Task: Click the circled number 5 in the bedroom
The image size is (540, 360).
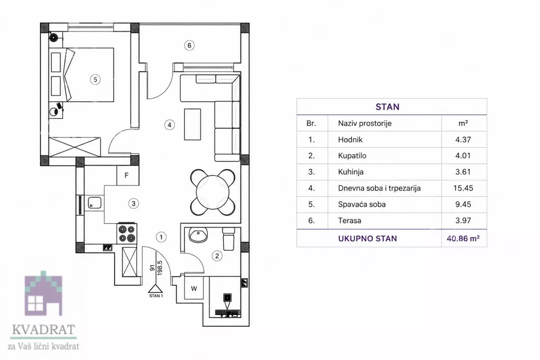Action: [95, 80]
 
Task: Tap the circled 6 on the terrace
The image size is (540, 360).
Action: [189, 45]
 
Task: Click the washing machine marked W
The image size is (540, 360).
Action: [194, 288]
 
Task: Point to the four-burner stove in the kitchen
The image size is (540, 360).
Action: [127, 234]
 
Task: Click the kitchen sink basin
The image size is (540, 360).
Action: [94, 202]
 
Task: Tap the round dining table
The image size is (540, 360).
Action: [212, 192]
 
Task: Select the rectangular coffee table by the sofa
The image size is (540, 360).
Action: [193, 124]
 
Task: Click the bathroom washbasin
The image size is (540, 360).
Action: [198, 235]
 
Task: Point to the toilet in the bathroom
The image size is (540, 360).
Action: [229, 239]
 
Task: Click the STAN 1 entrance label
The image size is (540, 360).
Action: [156, 296]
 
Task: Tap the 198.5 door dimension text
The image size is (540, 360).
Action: [160, 268]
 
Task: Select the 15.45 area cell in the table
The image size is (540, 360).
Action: [463, 188]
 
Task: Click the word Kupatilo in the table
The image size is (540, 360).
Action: [352, 156]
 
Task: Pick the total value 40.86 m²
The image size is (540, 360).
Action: [463, 238]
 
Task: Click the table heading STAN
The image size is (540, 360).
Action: [387, 107]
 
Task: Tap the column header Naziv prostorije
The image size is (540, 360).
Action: [365, 123]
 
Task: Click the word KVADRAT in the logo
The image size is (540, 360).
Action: [44, 329]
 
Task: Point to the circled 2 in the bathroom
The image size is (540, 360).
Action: [217, 256]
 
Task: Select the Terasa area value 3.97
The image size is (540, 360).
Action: [463, 220]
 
